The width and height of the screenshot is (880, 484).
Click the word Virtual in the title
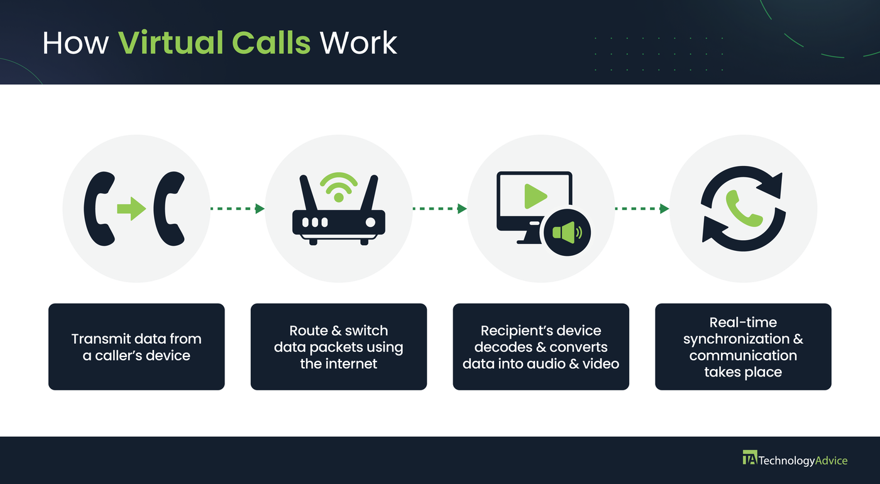(x=172, y=43)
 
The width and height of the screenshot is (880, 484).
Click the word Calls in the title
(x=271, y=43)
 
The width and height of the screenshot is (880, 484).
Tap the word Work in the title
(x=358, y=43)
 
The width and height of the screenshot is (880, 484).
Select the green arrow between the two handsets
(x=131, y=209)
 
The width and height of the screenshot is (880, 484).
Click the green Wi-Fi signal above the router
(x=339, y=186)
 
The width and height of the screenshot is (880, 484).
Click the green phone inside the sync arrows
(x=744, y=209)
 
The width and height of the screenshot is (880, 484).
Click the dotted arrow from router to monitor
(x=439, y=209)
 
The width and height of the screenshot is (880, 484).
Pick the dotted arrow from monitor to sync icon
(x=642, y=209)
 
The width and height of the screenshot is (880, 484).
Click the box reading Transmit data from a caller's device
(x=136, y=347)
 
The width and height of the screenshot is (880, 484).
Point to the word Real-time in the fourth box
(x=743, y=322)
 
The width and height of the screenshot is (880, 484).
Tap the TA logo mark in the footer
(x=749, y=459)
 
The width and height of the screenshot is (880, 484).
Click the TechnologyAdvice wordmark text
(x=803, y=461)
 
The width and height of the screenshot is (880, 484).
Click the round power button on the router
(x=371, y=223)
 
